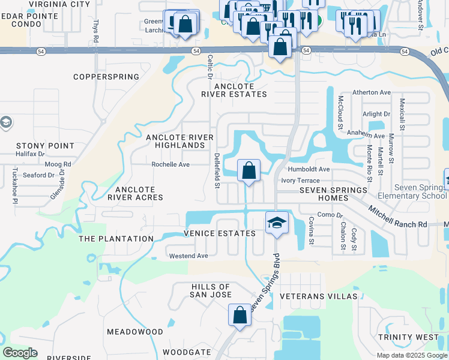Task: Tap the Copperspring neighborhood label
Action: [106, 77]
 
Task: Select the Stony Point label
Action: [45, 146]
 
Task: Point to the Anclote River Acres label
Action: [135, 193]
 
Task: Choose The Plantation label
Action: [116, 239]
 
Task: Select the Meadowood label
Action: [135, 332]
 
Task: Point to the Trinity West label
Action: [408, 337]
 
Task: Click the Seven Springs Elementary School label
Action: [412, 191]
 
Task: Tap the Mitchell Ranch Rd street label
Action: [397, 217]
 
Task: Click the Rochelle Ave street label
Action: [170, 164]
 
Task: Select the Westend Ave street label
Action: [188, 256]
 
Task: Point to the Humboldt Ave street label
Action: [309, 169]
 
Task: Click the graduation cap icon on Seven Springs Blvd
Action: [277, 223]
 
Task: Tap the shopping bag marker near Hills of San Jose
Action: [240, 314]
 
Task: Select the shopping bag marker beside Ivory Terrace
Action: [249, 170]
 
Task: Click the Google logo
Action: [20, 353]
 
